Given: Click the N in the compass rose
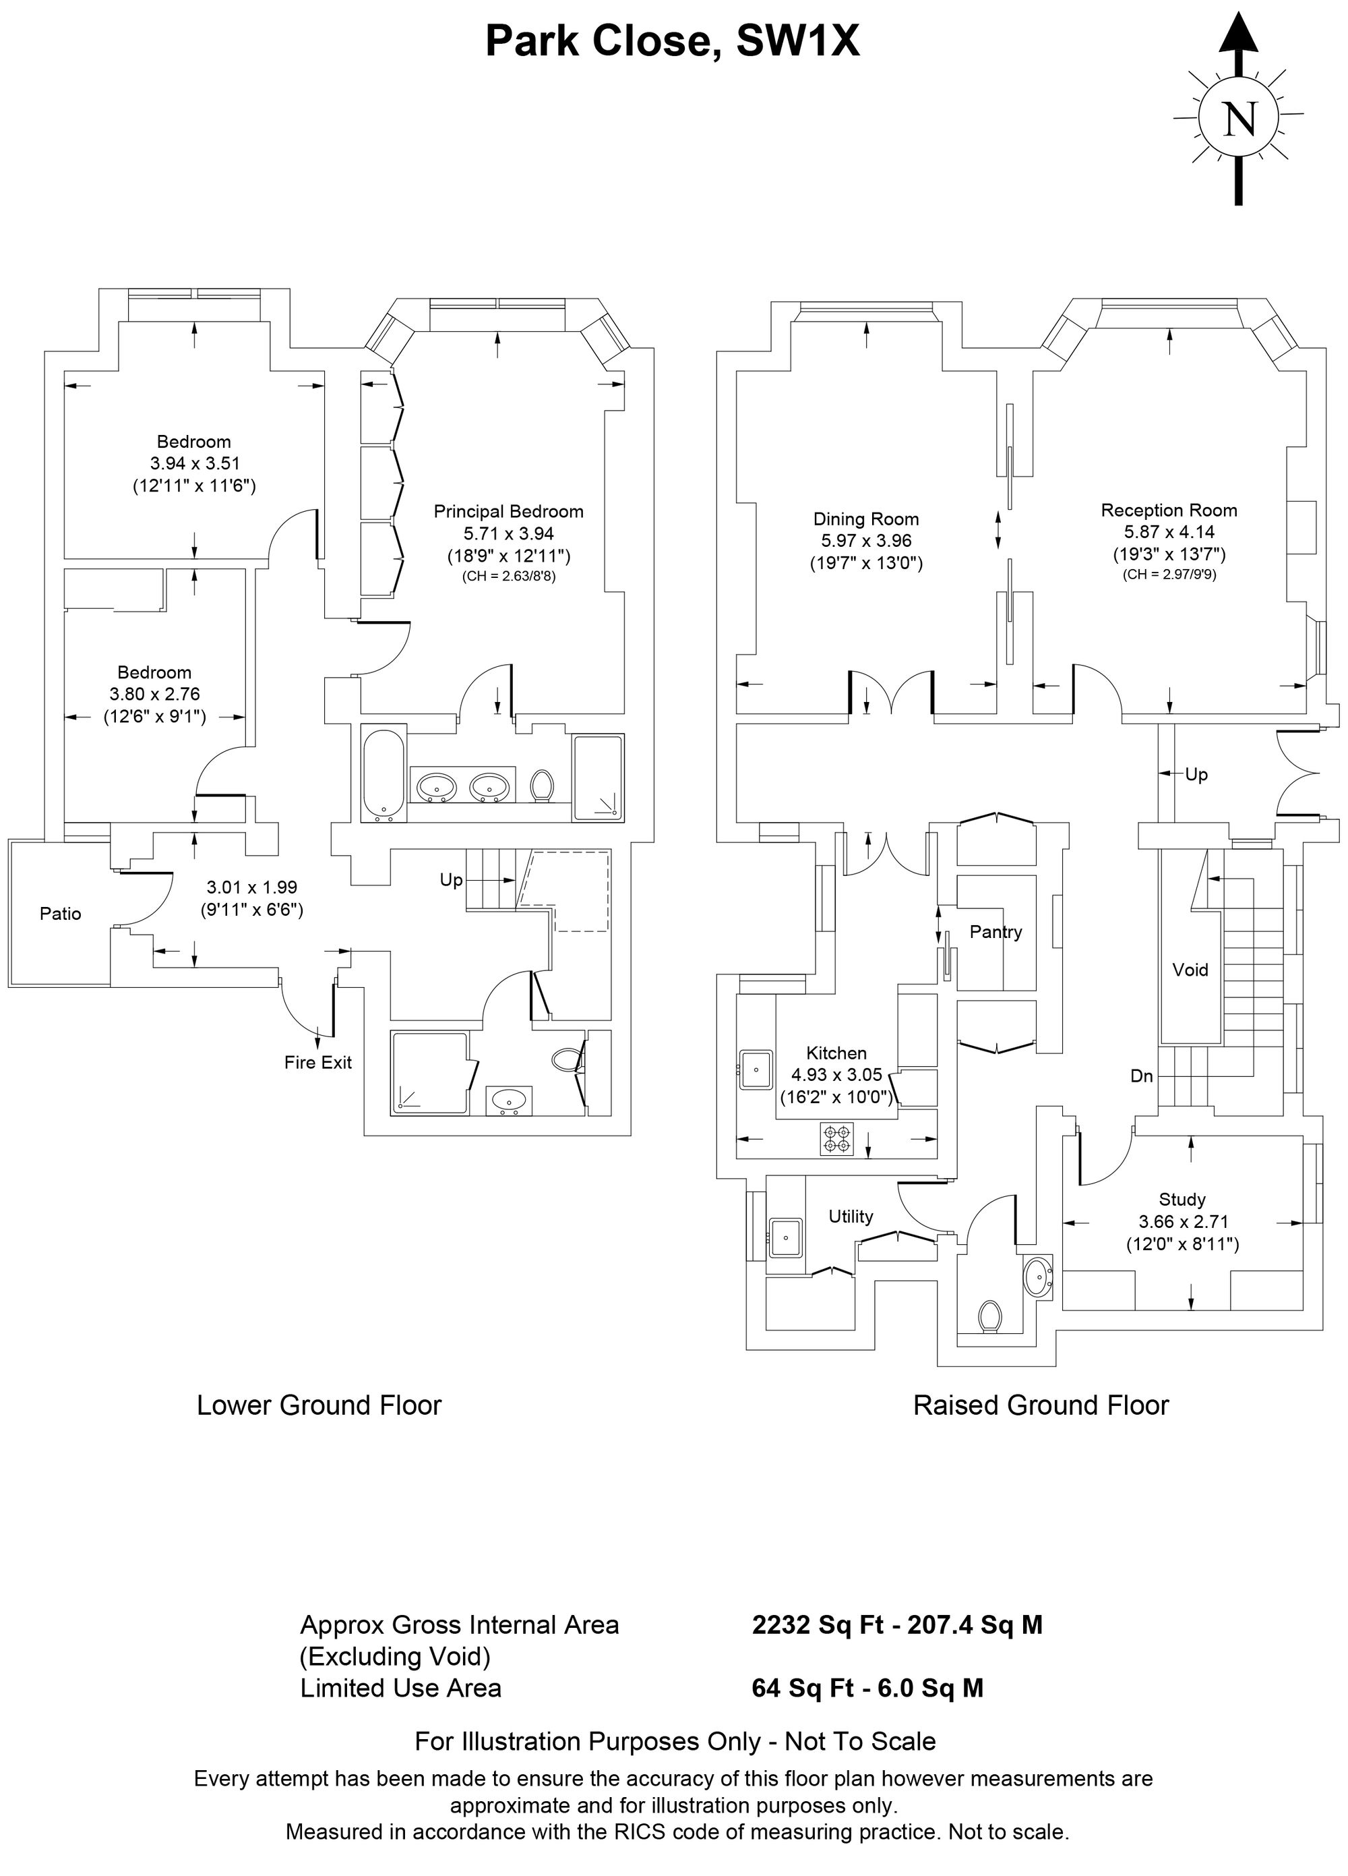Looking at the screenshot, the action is point(1239,119).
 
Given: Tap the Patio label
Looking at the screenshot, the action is point(61,913).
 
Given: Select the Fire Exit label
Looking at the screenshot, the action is point(318,1062).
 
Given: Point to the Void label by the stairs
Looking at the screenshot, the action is point(1190,970).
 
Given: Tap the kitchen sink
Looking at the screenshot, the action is point(756,1070).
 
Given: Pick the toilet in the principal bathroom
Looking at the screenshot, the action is point(543,785).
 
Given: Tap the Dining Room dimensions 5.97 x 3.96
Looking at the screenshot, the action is point(866,541).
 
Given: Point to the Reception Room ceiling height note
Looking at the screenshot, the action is point(1169,573).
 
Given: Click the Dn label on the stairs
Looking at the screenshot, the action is point(1141,1076).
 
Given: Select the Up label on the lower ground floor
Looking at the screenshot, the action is point(451,880).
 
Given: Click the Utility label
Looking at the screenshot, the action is point(851,1216).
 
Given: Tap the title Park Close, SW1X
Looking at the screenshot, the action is point(673,40).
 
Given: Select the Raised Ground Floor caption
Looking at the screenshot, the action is point(1041,1405).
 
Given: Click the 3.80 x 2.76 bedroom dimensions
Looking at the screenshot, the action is point(154,694).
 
